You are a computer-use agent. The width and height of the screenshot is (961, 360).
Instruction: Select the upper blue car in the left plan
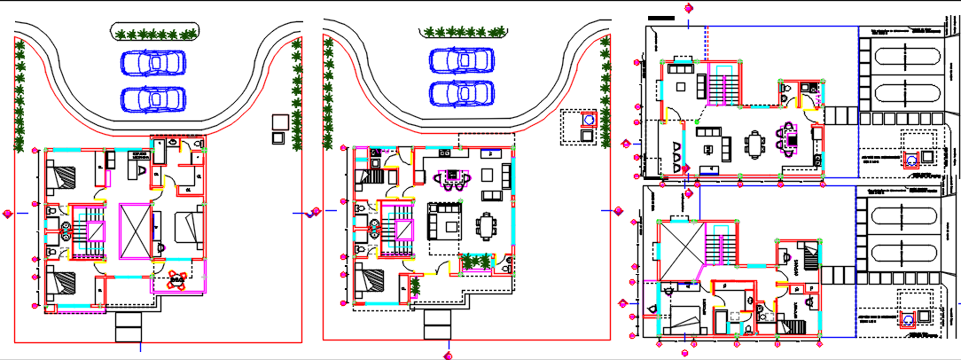[153, 63]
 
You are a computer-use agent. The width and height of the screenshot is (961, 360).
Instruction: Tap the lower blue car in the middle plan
[461, 92]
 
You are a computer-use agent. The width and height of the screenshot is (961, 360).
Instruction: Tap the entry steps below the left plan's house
[129, 327]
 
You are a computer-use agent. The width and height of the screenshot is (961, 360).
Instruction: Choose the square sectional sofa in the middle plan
[444, 219]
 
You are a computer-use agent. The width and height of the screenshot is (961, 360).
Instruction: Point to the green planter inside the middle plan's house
[477, 262]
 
